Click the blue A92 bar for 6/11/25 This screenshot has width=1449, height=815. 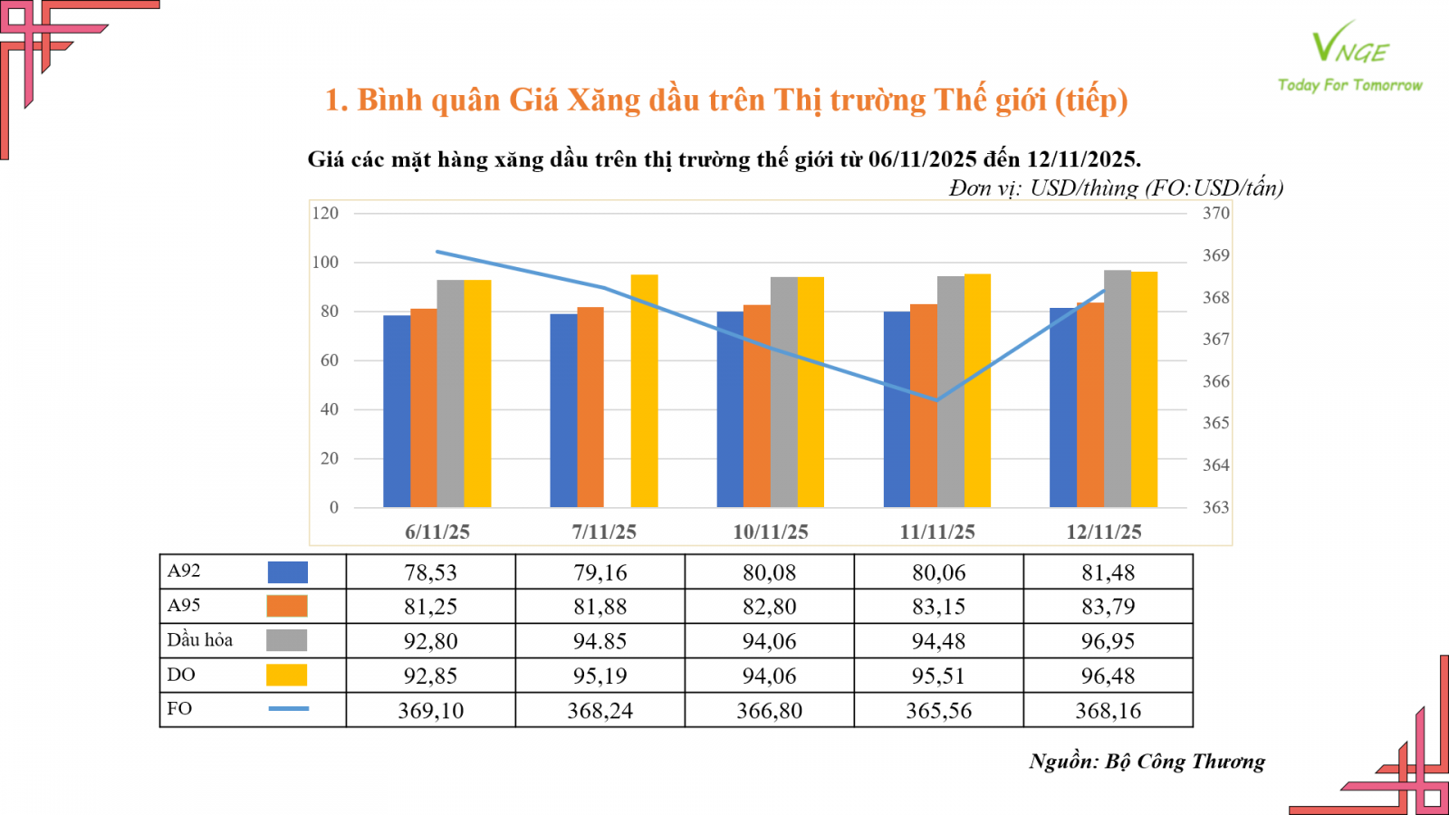pyautogui.click(x=397, y=412)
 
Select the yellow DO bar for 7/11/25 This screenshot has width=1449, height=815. pyautogui.click(x=644, y=391)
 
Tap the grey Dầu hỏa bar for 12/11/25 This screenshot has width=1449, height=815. pyautogui.click(x=1118, y=389)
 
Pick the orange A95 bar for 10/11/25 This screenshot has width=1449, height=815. pyautogui.click(x=757, y=407)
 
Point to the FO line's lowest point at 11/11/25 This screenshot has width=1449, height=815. pyautogui.click(x=937, y=399)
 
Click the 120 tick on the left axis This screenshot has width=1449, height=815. pyautogui.click(x=325, y=214)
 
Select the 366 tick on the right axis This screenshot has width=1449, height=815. pyautogui.click(x=1215, y=381)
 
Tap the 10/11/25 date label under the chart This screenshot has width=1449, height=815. pyautogui.click(x=770, y=532)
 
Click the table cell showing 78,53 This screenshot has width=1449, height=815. pyautogui.click(x=430, y=572)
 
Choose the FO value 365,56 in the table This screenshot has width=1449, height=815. pyautogui.click(x=938, y=711)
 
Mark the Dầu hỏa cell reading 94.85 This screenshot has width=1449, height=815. pyautogui.click(x=600, y=641)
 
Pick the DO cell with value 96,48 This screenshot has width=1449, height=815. pyautogui.click(x=1108, y=676)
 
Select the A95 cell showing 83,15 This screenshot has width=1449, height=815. pyautogui.click(x=938, y=607)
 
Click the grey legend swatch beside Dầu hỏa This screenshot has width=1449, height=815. pyautogui.click(x=287, y=640)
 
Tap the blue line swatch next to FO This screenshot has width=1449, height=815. pyautogui.click(x=288, y=708)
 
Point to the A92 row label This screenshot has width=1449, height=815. pyautogui.click(x=184, y=570)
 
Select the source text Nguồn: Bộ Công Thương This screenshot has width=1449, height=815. pyautogui.click(x=1147, y=762)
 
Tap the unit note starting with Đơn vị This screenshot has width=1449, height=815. pyautogui.click(x=1116, y=188)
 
